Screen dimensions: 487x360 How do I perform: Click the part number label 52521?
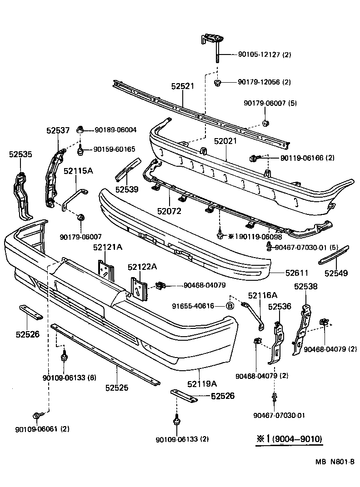(182, 86)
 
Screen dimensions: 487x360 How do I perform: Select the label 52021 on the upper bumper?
(226, 142)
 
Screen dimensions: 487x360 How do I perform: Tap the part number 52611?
(297, 273)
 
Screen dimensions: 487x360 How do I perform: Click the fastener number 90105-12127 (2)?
(264, 55)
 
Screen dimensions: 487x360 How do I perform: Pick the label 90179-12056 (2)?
(264, 82)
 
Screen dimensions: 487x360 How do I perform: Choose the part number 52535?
(20, 154)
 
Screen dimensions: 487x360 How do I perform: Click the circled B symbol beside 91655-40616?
(230, 306)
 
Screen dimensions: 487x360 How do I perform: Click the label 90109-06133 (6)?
(69, 378)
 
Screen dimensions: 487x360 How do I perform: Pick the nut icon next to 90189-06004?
(80, 129)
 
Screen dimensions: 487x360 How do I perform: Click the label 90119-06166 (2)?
(307, 158)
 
